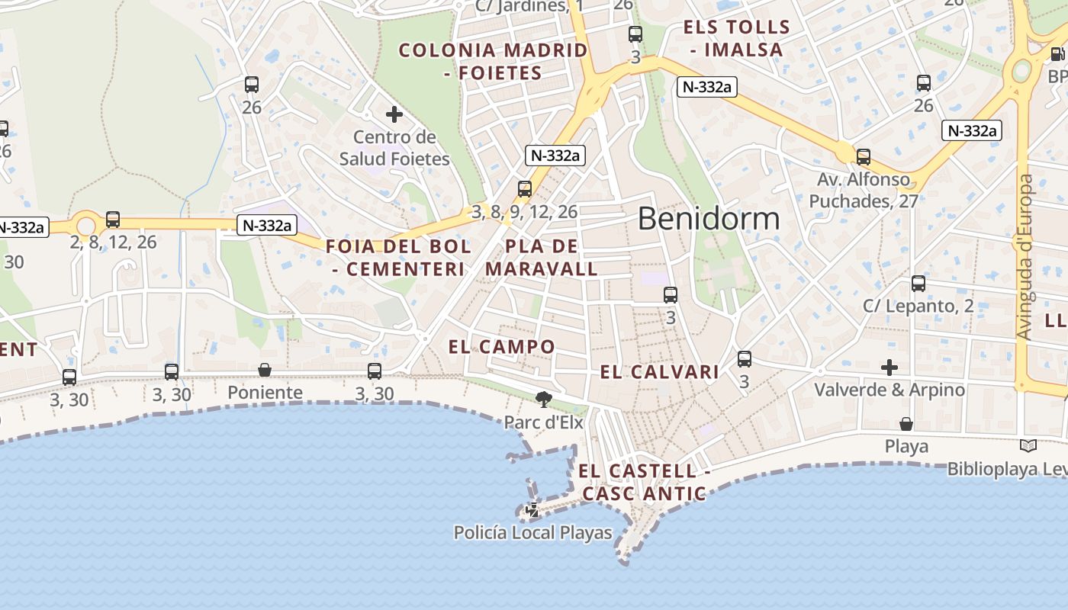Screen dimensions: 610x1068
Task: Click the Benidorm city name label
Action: (x=709, y=219)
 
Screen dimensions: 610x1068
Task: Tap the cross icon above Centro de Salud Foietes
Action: (x=394, y=115)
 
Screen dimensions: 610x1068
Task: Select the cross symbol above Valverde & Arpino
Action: (x=889, y=368)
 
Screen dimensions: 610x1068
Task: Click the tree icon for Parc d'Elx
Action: (x=544, y=399)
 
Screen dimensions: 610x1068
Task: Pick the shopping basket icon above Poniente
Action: (x=265, y=371)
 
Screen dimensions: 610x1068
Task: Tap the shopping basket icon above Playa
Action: (x=906, y=424)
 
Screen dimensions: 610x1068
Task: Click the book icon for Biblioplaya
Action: (x=1028, y=446)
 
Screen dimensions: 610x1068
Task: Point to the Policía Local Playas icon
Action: (x=532, y=510)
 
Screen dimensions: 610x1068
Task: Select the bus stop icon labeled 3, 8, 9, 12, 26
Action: (x=525, y=189)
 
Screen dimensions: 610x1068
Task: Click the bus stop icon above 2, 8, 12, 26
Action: (x=113, y=220)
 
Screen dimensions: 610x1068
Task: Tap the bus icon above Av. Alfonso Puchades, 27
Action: (x=864, y=157)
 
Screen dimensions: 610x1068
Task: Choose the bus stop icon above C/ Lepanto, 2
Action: (x=918, y=284)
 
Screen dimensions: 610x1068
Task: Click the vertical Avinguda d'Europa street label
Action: (x=1025, y=257)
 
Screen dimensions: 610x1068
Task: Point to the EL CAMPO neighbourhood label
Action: (x=502, y=347)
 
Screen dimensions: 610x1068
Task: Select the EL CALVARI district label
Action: (x=660, y=372)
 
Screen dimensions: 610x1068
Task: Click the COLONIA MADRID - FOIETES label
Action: (x=494, y=62)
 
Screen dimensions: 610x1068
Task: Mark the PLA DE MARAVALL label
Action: (x=542, y=258)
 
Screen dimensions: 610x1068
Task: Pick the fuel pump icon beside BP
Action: (x=1057, y=55)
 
